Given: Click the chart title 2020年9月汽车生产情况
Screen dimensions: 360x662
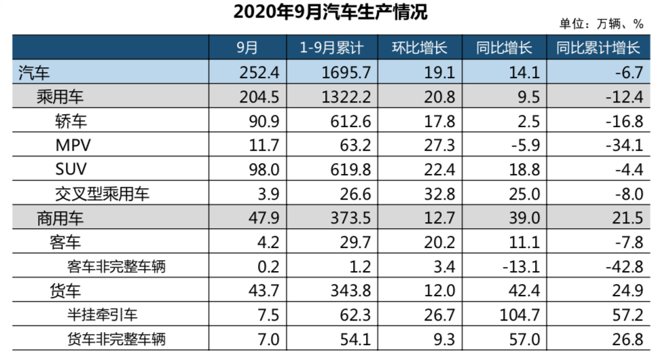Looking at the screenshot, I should (331, 12).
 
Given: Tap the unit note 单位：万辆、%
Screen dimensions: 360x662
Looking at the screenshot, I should (601, 24).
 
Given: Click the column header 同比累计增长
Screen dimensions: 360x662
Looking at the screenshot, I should (597, 48).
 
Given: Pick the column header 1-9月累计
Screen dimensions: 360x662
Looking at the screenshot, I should (332, 48).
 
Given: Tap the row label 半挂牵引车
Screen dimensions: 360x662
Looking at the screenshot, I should (106, 315).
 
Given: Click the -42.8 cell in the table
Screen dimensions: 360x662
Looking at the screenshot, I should (625, 267).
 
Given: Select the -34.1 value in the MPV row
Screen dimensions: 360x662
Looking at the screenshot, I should (625, 145).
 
